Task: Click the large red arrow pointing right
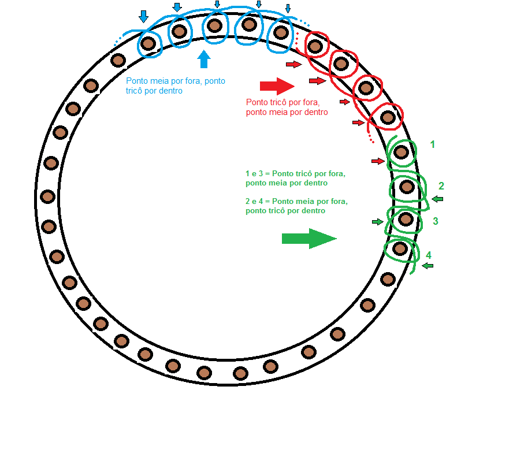[277, 86]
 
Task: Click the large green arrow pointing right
[308, 238]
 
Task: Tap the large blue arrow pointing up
[203, 59]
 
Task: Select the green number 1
[433, 144]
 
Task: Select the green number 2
[441, 186]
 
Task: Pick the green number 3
[435, 221]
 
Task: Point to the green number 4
[428, 255]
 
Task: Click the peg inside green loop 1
[402, 153]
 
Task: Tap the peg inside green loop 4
[400, 249]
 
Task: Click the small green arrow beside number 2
[437, 199]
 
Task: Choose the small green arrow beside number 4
[428, 266]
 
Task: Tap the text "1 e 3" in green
[255, 173]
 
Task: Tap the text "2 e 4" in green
[255, 202]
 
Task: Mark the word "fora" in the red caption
[310, 102]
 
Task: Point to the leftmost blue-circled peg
[148, 43]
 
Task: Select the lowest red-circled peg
[388, 118]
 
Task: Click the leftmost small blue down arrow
[143, 16]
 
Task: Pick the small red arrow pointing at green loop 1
[378, 161]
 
